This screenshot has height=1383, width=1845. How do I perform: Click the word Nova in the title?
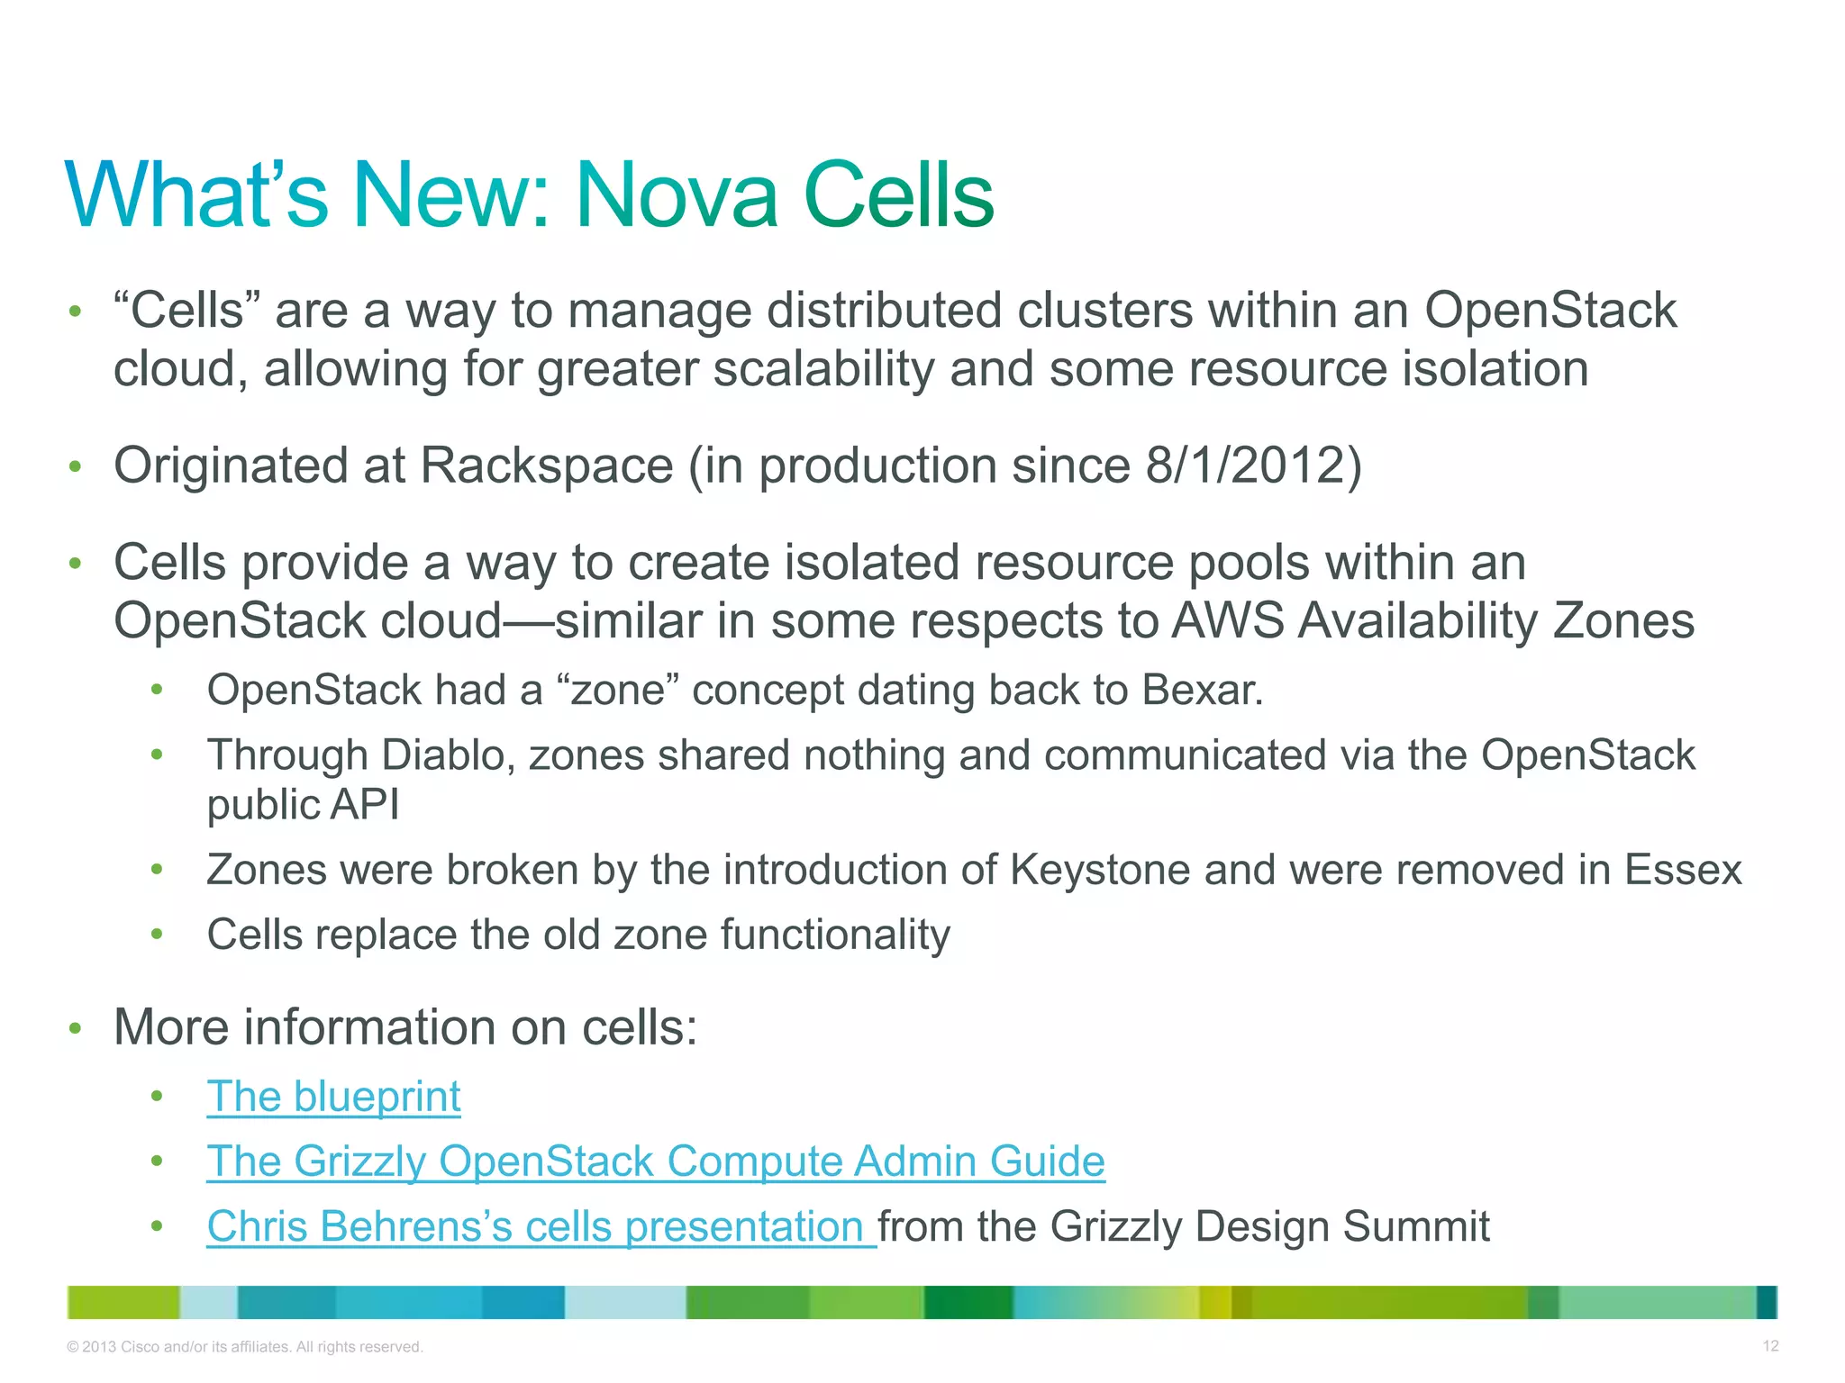pos(676,195)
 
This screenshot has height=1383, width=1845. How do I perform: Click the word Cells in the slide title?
pos(898,195)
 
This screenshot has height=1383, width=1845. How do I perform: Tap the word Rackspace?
pos(546,466)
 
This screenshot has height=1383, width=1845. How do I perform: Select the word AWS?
pos(1228,620)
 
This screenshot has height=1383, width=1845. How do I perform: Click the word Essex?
pos(1683,870)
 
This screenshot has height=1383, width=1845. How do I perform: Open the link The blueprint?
pos(333,1097)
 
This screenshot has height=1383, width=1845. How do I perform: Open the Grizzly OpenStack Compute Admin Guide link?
pos(655,1162)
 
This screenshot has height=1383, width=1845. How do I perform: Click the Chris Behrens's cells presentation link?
pos(541,1226)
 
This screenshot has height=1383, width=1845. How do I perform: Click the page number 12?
pos(1770,1346)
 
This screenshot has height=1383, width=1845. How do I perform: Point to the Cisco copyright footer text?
pos(245,1347)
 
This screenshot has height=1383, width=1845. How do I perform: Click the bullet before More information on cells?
pos(76,1028)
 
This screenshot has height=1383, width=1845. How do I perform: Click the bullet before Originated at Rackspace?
pos(76,466)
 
